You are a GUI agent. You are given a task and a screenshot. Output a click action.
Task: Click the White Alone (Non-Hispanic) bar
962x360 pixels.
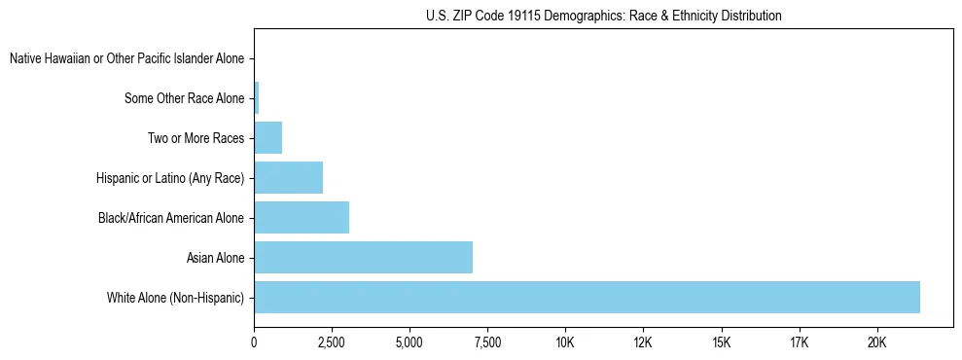[587, 297]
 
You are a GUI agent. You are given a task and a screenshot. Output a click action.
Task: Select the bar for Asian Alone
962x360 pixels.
[363, 258]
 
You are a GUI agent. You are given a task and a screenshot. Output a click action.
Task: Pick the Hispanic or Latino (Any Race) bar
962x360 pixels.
[288, 178]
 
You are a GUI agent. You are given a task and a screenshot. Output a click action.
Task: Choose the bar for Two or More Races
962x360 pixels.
[267, 138]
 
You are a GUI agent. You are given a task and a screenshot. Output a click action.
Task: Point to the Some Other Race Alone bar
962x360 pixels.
[257, 98]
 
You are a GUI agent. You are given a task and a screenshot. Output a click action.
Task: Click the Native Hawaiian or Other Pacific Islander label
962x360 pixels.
[127, 59]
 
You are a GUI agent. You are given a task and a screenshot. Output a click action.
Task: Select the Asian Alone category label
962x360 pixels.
[216, 258]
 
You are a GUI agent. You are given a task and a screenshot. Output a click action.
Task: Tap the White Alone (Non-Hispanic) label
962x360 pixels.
[176, 298]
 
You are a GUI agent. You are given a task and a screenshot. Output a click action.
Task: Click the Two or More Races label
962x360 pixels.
[196, 139]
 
